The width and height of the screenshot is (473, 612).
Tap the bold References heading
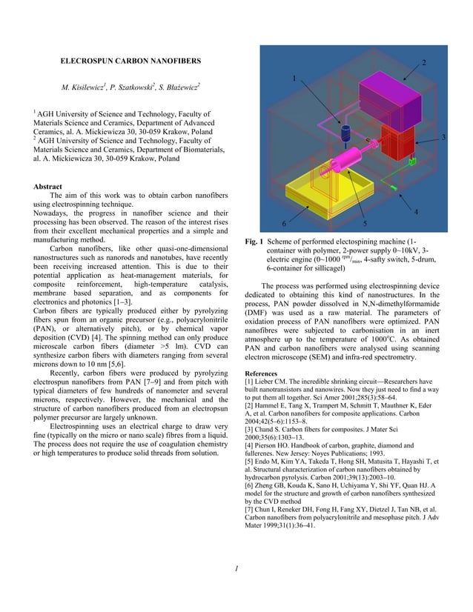click(265, 373)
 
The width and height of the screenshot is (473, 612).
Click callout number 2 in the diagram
click(423, 62)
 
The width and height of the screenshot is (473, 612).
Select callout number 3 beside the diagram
click(443, 138)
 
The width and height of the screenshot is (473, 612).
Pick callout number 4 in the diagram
click(415, 213)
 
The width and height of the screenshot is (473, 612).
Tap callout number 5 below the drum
click(365, 222)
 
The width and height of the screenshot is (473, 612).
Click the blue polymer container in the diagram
click(325, 133)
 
